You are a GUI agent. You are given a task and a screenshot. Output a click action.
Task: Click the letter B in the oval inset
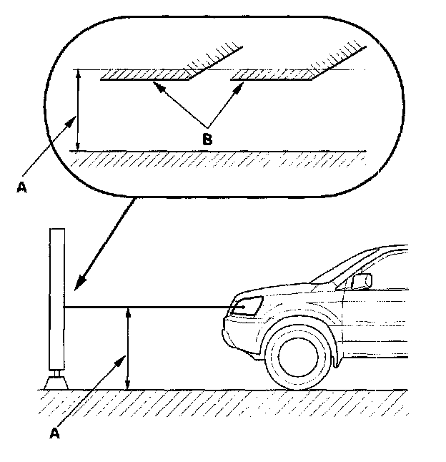pyautogui.click(x=207, y=139)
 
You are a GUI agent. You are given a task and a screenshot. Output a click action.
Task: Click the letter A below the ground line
pyautogui.click(x=54, y=433)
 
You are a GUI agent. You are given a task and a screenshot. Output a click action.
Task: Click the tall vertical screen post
pyautogui.click(x=56, y=300)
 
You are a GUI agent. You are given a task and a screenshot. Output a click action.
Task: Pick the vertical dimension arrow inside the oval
pyautogui.click(x=78, y=111)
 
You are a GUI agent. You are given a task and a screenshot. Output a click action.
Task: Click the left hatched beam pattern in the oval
pyautogui.click(x=147, y=74)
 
